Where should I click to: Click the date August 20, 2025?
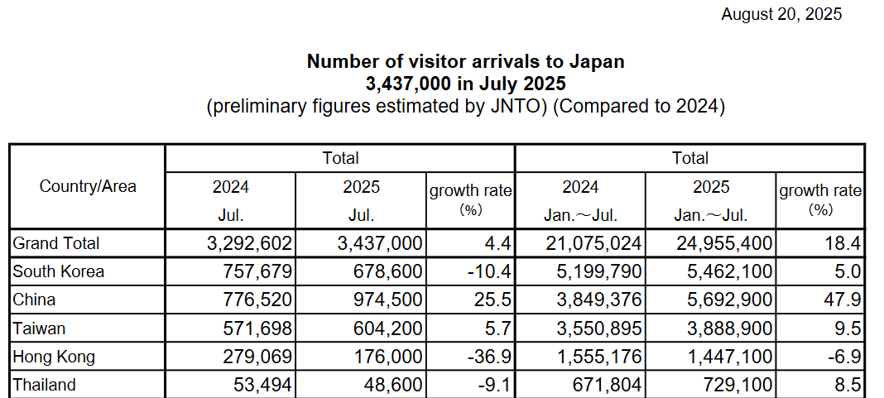click(x=781, y=13)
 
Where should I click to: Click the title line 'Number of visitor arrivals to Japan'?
click(x=465, y=61)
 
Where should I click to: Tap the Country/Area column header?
click(x=88, y=186)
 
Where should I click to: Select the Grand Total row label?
click(x=56, y=243)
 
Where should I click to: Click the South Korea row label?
click(x=59, y=271)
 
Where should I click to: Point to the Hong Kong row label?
click(x=55, y=357)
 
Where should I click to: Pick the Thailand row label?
click(x=45, y=385)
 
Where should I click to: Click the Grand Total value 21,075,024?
click(x=593, y=243)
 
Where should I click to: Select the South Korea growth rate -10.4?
click(x=488, y=271)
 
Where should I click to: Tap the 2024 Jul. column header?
click(x=230, y=201)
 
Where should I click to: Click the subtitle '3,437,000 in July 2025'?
click(x=465, y=84)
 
